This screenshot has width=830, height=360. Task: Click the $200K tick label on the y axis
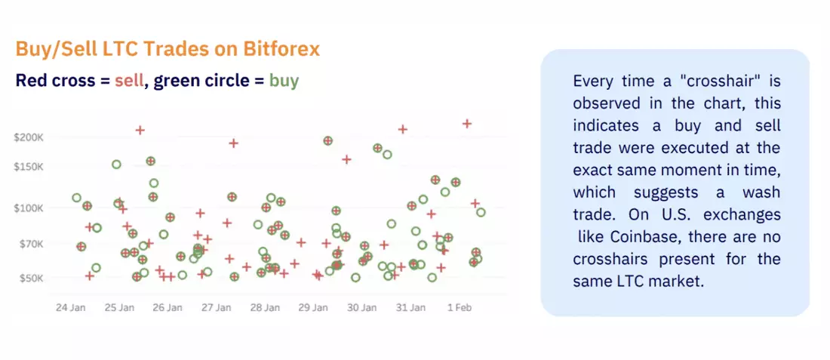tap(28, 137)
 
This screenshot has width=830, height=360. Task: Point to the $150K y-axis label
tap(28, 167)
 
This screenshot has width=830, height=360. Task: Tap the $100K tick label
tap(28, 208)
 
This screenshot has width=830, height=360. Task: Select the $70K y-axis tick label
tap(31, 244)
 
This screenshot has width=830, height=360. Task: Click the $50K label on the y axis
tap(31, 278)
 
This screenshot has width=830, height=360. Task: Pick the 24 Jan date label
tap(70, 308)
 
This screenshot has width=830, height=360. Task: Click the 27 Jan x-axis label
tap(217, 308)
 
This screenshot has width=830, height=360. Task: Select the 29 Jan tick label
tap(313, 308)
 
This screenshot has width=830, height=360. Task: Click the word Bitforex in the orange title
tap(281, 49)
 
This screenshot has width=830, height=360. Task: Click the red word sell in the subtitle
tap(129, 81)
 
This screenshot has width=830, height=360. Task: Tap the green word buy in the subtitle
tap(284, 81)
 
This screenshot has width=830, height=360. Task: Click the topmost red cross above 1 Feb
tap(467, 123)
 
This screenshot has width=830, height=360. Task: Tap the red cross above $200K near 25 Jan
tap(140, 130)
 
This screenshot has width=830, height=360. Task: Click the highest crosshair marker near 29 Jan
tap(327, 141)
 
